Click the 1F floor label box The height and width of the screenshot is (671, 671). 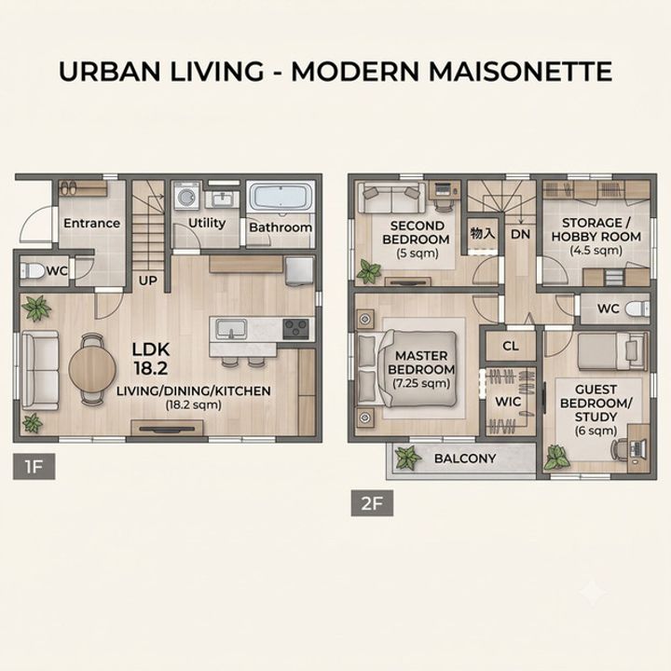pyautogui.click(x=34, y=466)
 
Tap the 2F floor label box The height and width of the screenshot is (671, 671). pyautogui.click(x=372, y=503)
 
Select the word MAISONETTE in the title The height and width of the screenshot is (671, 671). pyautogui.click(x=520, y=71)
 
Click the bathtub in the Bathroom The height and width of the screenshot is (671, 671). pyautogui.click(x=281, y=197)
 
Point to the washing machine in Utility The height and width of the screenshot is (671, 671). pyautogui.click(x=187, y=196)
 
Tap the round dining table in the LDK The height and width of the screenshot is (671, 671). pyautogui.click(x=92, y=368)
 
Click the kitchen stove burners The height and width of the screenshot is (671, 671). pyautogui.click(x=296, y=329)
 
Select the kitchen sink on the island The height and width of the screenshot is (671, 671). pyautogui.click(x=231, y=329)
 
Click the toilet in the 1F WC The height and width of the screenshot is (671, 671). pyautogui.click(x=33, y=271)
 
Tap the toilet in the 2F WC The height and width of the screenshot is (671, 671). pyautogui.click(x=637, y=308)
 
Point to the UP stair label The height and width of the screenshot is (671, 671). pyautogui.click(x=147, y=281)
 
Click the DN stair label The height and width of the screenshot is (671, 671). pyautogui.click(x=520, y=234)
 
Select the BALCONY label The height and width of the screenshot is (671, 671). pyautogui.click(x=465, y=459)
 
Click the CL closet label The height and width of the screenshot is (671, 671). pyautogui.click(x=511, y=346)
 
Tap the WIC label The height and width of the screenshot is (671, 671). pyautogui.click(x=508, y=402)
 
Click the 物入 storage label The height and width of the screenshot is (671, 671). pyautogui.click(x=483, y=233)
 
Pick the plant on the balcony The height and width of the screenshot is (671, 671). pyautogui.click(x=407, y=458)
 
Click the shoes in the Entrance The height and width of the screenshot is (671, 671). pyautogui.click(x=68, y=188)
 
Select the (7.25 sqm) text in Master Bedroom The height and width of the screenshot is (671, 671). pyautogui.click(x=421, y=383)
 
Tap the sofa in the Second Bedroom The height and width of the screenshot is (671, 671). pyautogui.click(x=391, y=198)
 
